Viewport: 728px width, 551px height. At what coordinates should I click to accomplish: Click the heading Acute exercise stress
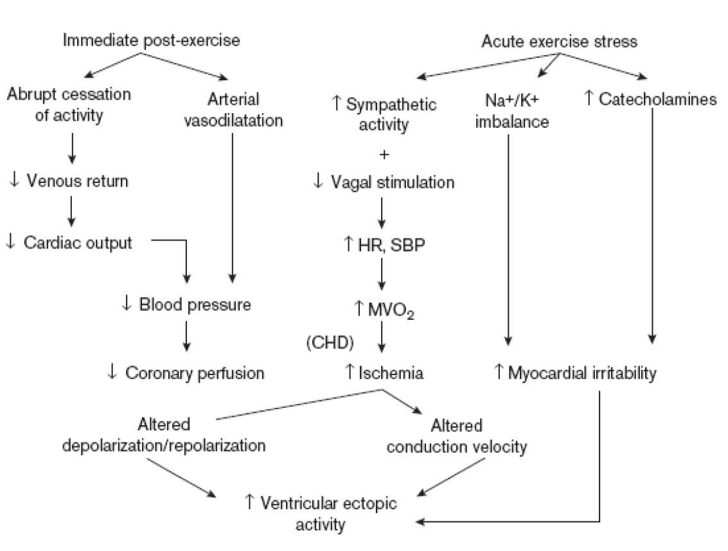(560, 42)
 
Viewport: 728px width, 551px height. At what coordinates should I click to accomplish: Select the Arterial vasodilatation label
(234, 110)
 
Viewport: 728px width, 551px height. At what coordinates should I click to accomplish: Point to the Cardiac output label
(76, 243)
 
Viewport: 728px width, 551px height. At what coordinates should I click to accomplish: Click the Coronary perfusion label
(194, 372)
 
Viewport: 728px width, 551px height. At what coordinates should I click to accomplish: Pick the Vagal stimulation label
(392, 182)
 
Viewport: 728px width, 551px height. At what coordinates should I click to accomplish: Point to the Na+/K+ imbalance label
(512, 110)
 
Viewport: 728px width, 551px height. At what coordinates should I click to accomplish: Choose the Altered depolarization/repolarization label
(164, 435)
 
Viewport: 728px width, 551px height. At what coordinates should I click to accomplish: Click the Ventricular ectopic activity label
(329, 513)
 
